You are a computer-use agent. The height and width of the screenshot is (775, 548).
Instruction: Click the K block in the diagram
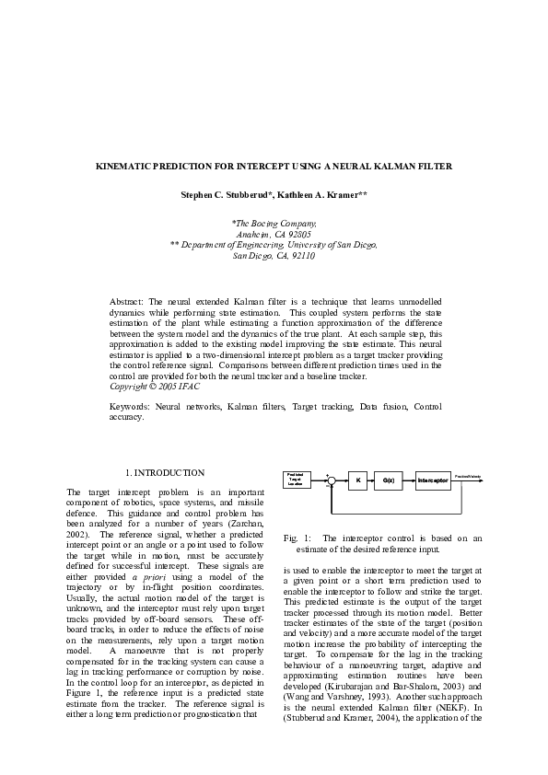coord(358,480)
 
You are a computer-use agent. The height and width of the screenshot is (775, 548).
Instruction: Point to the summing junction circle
coord(332,480)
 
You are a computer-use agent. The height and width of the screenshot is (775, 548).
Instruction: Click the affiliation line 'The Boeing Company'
coord(274,224)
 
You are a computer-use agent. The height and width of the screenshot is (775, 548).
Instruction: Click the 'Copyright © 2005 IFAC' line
coord(154,386)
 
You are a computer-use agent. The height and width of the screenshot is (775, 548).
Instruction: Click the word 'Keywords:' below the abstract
coord(130,406)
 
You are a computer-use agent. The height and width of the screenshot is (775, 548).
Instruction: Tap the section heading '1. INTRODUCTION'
coord(165,472)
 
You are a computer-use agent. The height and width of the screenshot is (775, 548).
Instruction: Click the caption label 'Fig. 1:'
coord(297,537)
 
